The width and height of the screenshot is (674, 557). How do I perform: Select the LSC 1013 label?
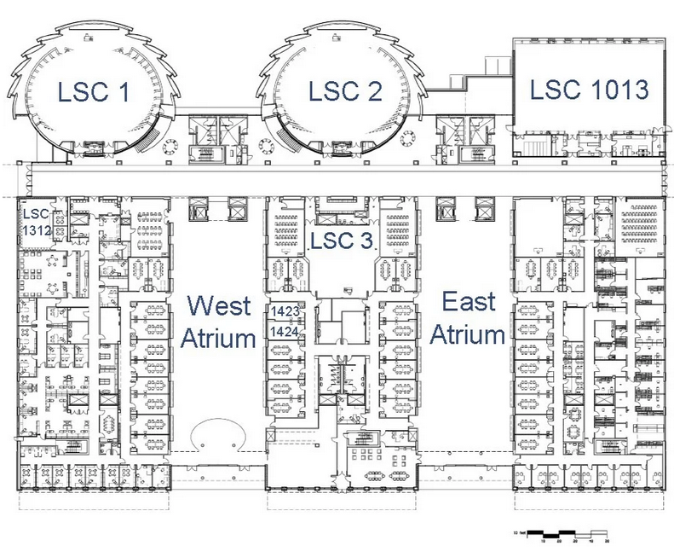[x=590, y=88]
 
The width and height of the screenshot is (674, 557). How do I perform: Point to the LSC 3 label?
[x=341, y=241]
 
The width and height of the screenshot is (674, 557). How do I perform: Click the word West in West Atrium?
[x=219, y=305]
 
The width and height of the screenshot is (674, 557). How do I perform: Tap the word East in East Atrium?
[x=468, y=302]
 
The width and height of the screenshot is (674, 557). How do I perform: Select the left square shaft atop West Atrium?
[x=199, y=211]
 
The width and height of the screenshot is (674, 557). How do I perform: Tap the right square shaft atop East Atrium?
[x=484, y=211]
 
